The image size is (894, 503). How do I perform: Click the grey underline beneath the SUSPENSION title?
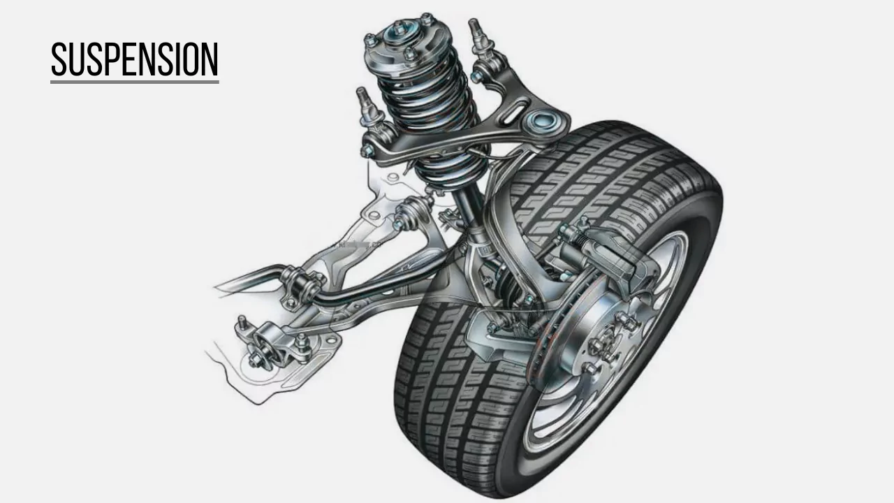coord(134,82)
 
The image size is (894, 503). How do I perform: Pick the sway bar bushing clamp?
coord(300,283)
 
